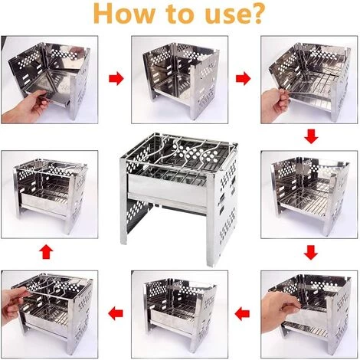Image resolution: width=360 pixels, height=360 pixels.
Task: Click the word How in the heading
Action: (124, 13)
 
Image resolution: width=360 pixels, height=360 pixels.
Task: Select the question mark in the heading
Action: (256, 13)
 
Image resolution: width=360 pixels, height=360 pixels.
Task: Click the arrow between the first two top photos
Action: (116, 79)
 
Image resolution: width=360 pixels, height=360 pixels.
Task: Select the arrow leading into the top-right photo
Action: (243, 79)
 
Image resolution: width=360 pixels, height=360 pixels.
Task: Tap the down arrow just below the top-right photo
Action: (311, 136)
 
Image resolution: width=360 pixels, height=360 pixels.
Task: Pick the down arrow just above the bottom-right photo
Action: (311, 253)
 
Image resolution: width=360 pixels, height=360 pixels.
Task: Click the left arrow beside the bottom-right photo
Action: (242, 313)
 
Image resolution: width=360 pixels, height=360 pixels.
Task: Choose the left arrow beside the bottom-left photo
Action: (116, 313)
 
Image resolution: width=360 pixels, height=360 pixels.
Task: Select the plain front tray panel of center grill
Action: (167, 189)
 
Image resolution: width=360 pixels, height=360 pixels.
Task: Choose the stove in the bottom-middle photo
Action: (180, 314)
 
